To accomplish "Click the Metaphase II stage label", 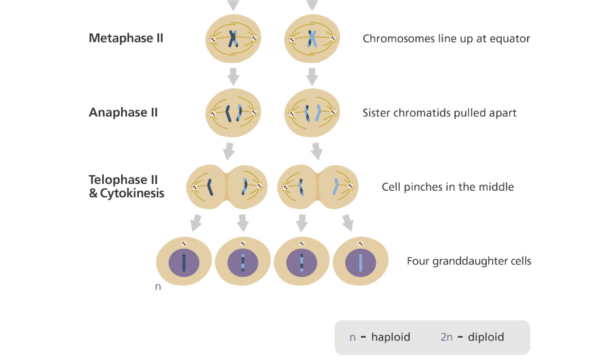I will tap(126, 38).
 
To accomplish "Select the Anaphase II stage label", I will tap(123, 112).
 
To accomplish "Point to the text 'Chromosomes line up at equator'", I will tap(446, 38).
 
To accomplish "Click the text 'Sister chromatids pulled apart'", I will tap(439, 113).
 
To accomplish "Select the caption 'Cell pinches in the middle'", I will tap(447, 187).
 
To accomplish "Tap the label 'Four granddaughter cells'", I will tap(468, 261).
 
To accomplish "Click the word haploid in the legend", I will tap(390, 337).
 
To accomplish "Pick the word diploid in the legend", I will tap(485, 337).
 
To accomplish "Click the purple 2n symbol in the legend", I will tap(446, 337).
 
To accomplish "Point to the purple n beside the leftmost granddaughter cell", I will tap(158, 287).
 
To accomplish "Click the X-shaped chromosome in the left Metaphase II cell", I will tap(234, 39).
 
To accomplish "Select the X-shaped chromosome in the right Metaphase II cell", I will tap(312, 39).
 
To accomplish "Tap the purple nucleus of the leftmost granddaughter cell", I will tap(184, 263).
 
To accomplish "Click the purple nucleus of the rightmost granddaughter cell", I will tap(360, 263).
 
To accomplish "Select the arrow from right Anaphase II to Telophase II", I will tap(316, 151).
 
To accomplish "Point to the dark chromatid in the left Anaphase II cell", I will tap(228, 113).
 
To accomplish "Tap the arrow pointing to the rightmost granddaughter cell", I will tap(347, 223).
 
